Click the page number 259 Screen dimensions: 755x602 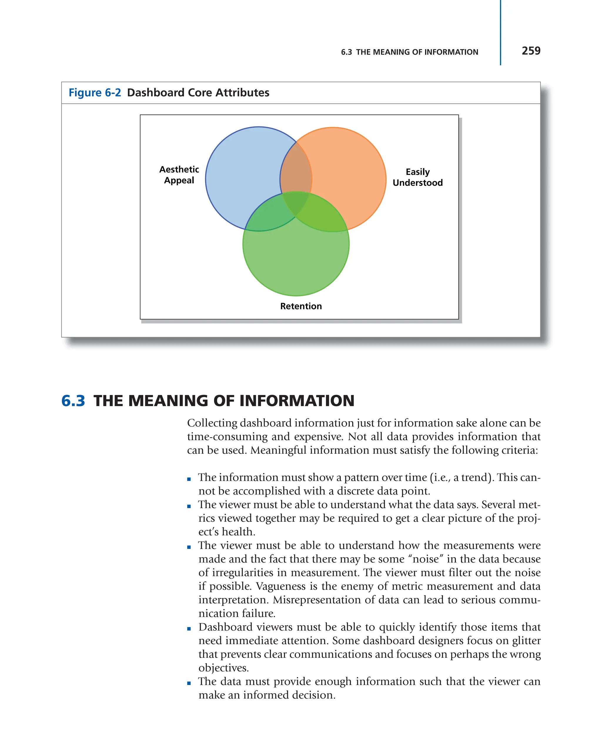(x=531, y=51)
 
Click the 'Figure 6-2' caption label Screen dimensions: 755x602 (x=95, y=93)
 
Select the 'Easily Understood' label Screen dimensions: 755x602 (x=417, y=177)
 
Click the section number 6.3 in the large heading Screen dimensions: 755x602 (x=73, y=401)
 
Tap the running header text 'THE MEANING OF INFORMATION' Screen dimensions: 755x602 (x=417, y=52)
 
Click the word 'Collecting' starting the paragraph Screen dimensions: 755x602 (x=212, y=423)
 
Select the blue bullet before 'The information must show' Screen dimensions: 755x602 (x=189, y=479)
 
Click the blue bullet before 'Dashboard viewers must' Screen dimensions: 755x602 (x=189, y=629)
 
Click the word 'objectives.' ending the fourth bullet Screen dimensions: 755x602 (x=223, y=668)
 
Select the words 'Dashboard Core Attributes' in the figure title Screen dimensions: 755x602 (x=198, y=93)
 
